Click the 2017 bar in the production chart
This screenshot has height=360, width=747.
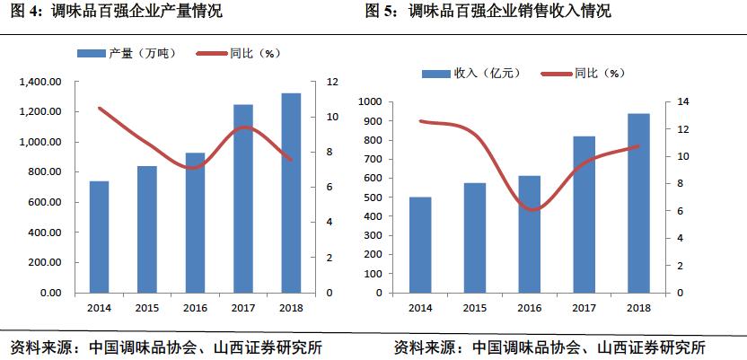[243, 198]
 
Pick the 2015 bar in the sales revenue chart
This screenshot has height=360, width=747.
[475, 238]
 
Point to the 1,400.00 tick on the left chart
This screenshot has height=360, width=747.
[39, 82]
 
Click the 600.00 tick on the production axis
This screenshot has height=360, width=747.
[42, 202]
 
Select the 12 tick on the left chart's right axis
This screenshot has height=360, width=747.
[332, 82]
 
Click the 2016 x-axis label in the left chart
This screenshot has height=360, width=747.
[195, 308]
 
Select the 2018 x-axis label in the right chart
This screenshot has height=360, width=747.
[638, 308]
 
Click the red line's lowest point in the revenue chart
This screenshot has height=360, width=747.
[533, 210]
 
